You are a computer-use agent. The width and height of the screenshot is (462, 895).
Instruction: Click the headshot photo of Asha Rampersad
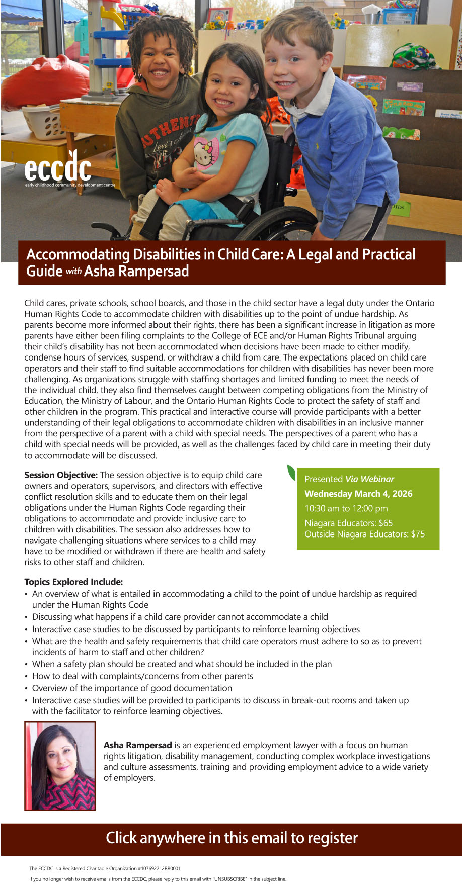pyautogui.click(x=60, y=766)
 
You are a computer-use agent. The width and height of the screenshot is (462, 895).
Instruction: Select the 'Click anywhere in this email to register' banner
pyautogui.click(x=231, y=838)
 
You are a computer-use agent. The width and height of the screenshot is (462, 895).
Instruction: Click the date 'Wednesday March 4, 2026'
pyautogui.click(x=358, y=494)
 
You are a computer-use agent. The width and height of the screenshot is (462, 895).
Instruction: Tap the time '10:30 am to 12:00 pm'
pyautogui.click(x=346, y=508)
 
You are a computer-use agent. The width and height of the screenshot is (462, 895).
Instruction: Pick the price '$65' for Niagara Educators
pyautogui.click(x=386, y=523)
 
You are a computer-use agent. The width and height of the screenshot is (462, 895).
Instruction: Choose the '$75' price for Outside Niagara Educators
pyautogui.click(x=418, y=534)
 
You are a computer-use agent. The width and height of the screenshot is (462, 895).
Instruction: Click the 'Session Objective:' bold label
pyautogui.click(x=61, y=475)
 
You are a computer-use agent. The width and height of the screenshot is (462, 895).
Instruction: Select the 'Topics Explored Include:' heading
pyautogui.click(x=73, y=582)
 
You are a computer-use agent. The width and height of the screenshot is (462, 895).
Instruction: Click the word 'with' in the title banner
pyautogui.click(x=73, y=272)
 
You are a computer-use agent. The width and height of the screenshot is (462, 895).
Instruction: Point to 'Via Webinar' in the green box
pyautogui.click(x=369, y=479)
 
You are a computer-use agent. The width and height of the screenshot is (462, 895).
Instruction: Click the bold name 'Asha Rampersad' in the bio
pyautogui.click(x=137, y=745)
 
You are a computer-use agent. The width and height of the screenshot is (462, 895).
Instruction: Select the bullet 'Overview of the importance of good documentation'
pyautogui.click(x=132, y=688)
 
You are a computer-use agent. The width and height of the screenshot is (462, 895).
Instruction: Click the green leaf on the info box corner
pyautogui.click(x=291, y=473)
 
